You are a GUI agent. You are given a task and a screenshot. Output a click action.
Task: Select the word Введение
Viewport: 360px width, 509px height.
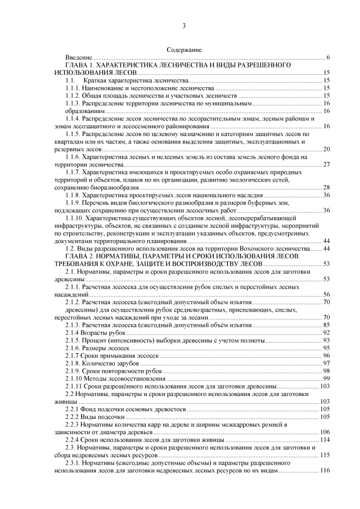coord(78,58)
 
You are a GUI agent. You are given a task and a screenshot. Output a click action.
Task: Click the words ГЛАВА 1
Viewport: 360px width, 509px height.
coord(81,66)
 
